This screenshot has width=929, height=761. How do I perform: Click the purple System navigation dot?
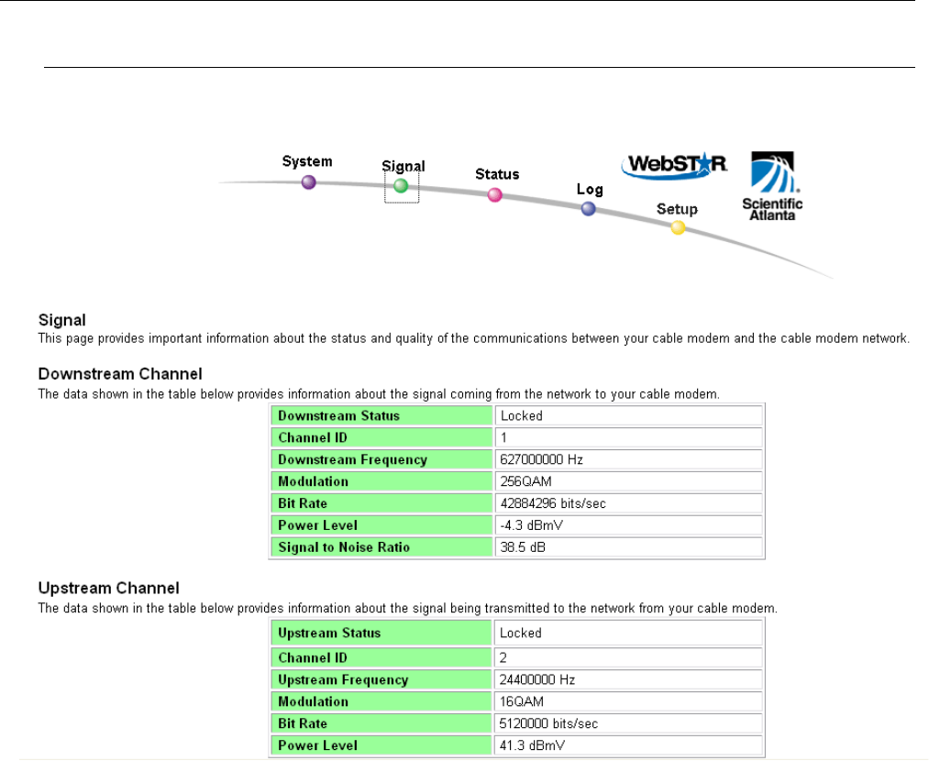tap(309, 182)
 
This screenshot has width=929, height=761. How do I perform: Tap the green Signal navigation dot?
tap(400, 185)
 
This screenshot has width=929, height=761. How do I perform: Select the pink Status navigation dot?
tap(495, 194)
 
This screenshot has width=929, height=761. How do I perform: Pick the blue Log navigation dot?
tap(589, 209)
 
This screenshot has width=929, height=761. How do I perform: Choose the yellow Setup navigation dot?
tap(678, 227)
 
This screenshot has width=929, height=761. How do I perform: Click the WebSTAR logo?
tap(674, 164)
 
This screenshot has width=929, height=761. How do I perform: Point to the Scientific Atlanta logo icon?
tap(771, 173)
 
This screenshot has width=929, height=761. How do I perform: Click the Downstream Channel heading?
tap(120, 374)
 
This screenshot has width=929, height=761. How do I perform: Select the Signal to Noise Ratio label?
tap(344, 547)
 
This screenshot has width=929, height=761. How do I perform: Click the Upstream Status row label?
tap(329, 633)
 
